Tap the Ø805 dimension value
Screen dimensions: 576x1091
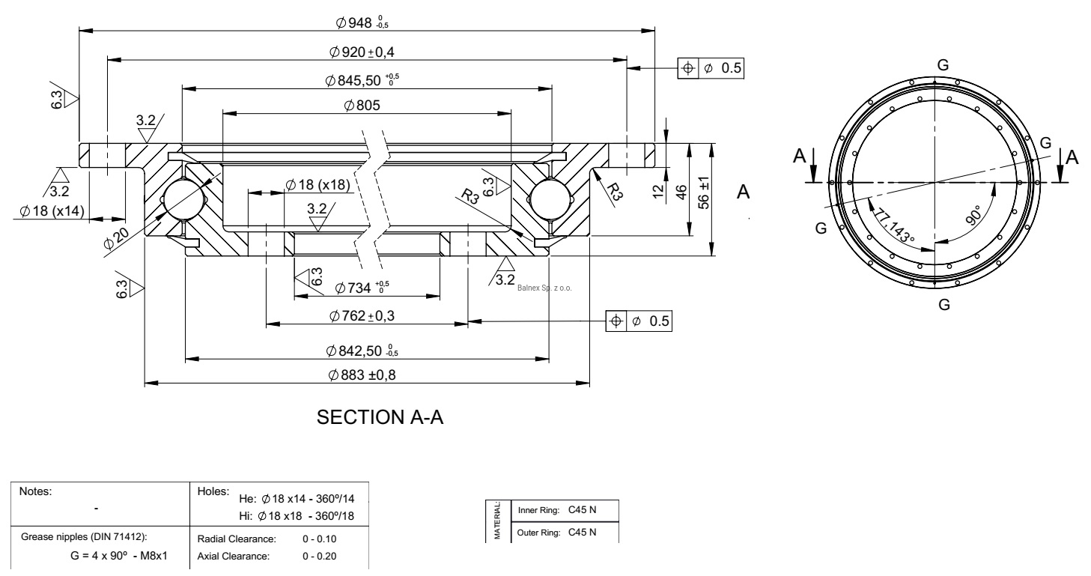[x=362, y=106]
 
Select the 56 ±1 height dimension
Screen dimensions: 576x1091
[x=709, y=200]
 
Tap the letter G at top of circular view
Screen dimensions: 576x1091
[x=943, y=65]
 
